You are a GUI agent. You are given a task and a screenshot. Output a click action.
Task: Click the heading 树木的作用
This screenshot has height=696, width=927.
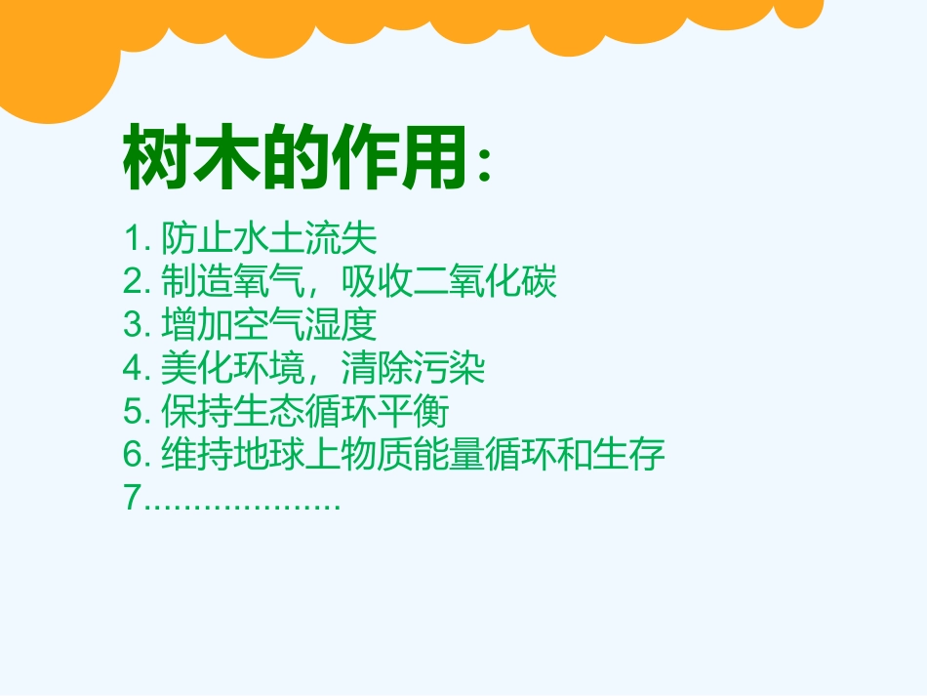293,159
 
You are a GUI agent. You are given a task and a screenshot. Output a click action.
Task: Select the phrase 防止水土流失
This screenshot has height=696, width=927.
268,239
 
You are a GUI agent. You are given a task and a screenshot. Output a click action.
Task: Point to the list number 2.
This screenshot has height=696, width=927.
133,283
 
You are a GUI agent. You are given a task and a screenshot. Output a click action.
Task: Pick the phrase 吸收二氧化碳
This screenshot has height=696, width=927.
449,283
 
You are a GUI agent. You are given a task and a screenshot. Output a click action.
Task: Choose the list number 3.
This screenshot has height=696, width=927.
133,326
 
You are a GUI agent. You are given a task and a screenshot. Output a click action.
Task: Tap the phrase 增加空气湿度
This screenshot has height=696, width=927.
268,326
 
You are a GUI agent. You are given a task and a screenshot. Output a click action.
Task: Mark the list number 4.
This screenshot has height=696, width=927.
133,369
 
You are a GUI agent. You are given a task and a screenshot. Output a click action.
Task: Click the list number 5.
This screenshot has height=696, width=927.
133,412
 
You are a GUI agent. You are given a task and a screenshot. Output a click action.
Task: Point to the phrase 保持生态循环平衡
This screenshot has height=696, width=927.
304,412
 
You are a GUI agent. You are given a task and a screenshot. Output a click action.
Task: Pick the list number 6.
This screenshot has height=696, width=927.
133,455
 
